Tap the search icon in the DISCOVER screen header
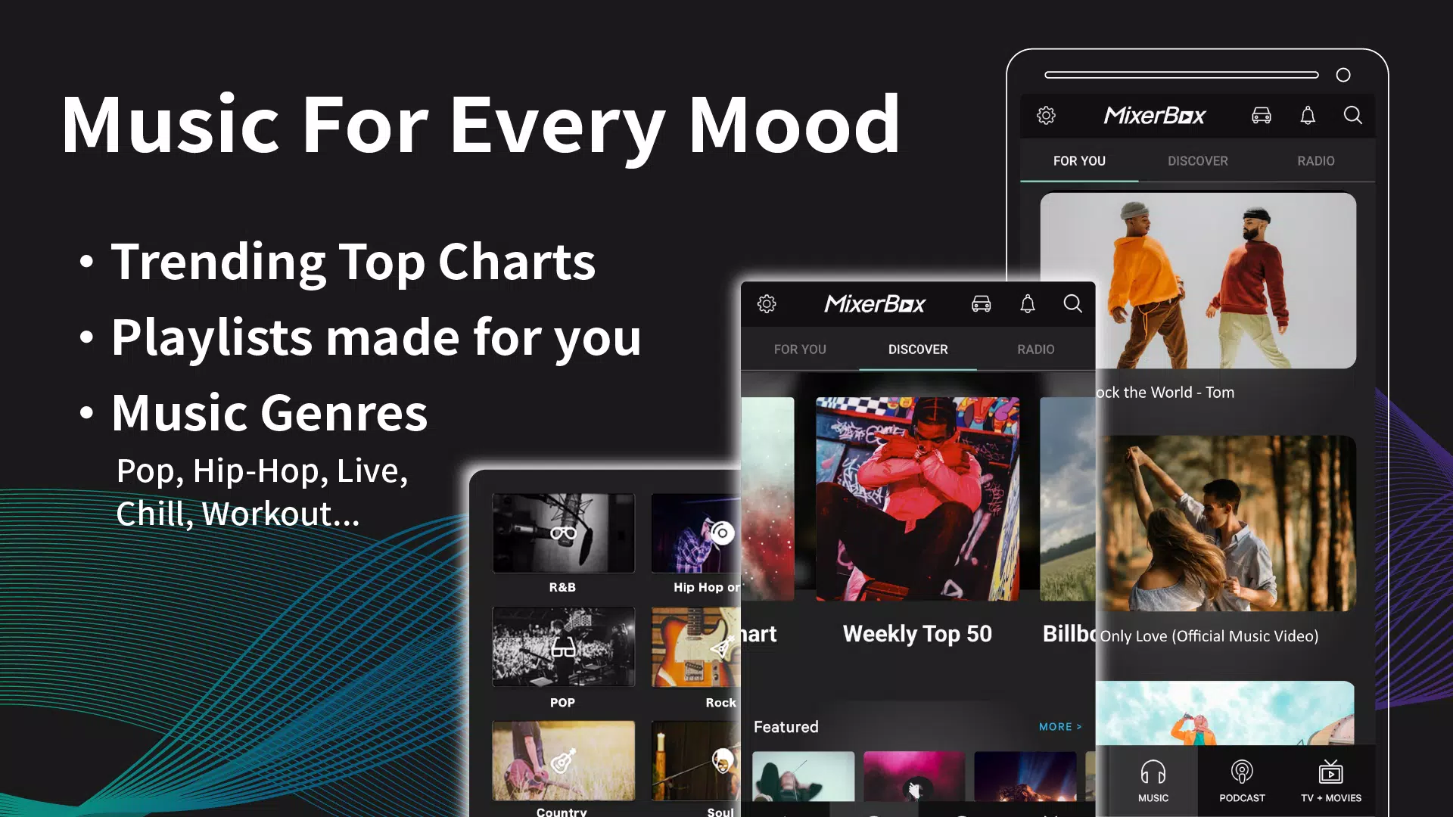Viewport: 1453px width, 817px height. (x=1072, y=304)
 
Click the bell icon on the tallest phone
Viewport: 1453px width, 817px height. (x=1308, y=116)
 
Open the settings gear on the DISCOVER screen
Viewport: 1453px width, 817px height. (x=767, y=304)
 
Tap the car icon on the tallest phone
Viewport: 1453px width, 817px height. (x=1261, y=116)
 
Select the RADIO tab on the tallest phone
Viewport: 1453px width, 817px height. (x=1315, y=161)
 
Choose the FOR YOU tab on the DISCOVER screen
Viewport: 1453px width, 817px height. (x=800, y=349)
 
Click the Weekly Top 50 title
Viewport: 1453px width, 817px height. (x=917, y=634)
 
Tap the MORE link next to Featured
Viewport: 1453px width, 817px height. (x=1059, y=727)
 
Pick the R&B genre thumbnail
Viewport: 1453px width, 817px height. (x=563, y=533)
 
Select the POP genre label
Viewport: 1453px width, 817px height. (x=562, y=703)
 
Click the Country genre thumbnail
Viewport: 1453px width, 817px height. (x=563, y=760)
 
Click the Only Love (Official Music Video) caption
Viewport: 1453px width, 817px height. (x=1209, y=636)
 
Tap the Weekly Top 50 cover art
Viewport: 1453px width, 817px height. (x=917, y=499)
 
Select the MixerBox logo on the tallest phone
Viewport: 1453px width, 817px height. (x=1154, y=116)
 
